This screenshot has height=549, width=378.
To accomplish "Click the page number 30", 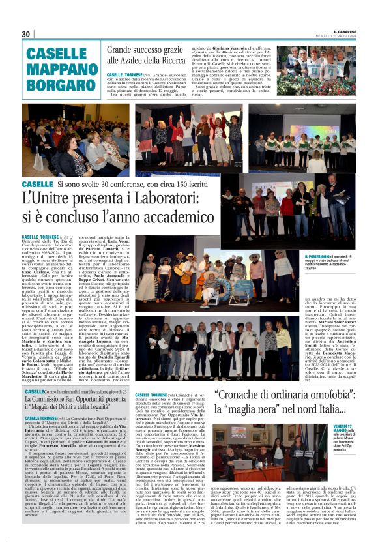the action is [x=26, y=34].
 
